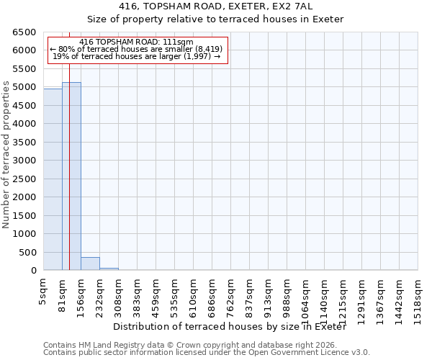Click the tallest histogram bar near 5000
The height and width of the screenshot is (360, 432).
pos(71,176)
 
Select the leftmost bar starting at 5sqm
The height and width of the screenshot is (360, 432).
pos(53,180)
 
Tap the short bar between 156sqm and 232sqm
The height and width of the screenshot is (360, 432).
pos(90,264)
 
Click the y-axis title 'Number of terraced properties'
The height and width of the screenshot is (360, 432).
pos(6,155)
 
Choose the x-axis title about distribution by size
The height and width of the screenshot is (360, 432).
pos(230,326)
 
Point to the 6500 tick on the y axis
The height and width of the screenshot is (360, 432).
pos(24,32)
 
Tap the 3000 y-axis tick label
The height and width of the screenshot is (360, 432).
pos(24,161)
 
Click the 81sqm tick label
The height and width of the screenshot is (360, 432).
pos(62,293)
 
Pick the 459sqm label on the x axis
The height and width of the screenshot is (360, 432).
pos(156,295)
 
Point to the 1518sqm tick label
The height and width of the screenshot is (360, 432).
pos(418,297)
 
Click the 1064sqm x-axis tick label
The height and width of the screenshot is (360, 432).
pos(305,297)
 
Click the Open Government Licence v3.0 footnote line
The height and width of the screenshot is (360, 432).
pos(207,353)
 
